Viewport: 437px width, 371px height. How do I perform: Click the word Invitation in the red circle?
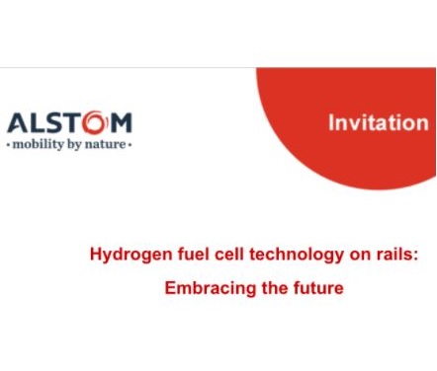pos(378,123)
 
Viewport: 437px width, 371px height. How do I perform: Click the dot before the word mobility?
pos(9,144)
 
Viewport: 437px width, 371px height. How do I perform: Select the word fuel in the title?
pos(183,254)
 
